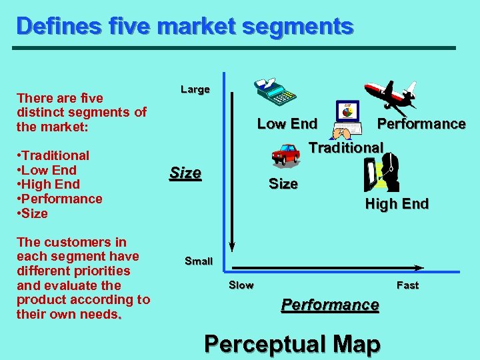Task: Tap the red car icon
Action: [285, 154]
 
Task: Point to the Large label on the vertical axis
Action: [195, 89]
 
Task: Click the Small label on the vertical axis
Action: [198, 261]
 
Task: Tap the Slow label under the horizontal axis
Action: [241, 285]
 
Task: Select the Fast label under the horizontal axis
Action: [407, 285]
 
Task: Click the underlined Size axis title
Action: [185, 173]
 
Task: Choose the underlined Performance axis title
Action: [330, 305]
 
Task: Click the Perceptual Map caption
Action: [293, 344]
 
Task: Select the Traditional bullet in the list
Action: [53, 155]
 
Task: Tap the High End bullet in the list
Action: [50, 185]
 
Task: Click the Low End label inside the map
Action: [287, 124]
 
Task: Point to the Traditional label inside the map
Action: [346, 147]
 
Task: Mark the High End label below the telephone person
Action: [397, 204]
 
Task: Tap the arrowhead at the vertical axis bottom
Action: [231, 249]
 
